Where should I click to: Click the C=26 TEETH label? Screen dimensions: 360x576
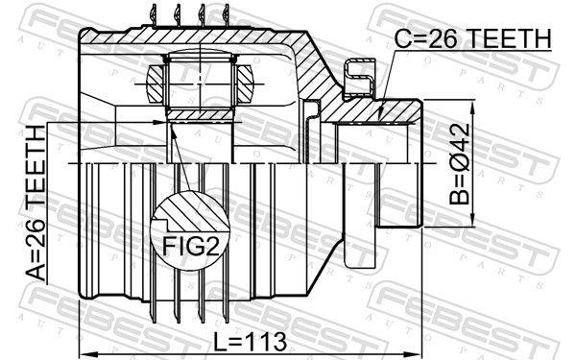click(x=474, y=38)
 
